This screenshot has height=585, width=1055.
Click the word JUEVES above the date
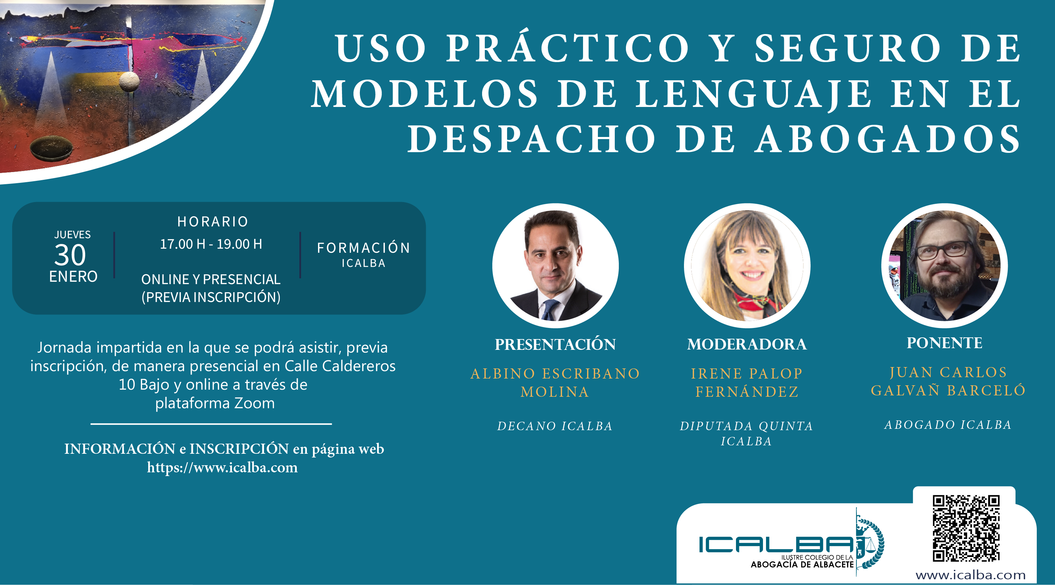tap(73, 234)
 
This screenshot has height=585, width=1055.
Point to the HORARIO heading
tap(213, 221)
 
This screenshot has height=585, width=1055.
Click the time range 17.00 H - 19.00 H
tap(211, 244)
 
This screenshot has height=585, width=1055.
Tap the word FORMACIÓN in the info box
tap(364, 247)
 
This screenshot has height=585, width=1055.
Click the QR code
tap(966, 528)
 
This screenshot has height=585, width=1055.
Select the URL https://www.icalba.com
tap(222, 468)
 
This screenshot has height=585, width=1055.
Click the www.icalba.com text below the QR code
tap(971, 575)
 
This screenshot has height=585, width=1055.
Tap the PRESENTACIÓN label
tap(555, 344)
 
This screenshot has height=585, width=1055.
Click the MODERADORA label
tap(747, 344)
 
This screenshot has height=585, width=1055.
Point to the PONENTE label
tap(944, 343)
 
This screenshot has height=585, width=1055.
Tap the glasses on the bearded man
tap(943, 250)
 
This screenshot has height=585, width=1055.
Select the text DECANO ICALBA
tap(555, 426)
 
